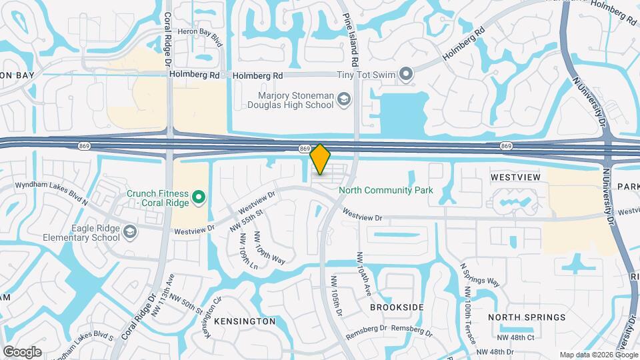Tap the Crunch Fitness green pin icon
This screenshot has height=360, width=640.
(198, 197)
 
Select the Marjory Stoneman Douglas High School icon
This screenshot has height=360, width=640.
(344, 100)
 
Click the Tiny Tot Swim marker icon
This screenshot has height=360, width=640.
(405, 74)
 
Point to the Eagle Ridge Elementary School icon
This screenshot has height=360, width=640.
(131, 231)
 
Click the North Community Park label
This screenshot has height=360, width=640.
(386, 191)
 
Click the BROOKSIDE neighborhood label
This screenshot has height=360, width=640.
(397, 307)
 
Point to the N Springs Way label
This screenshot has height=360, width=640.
(479, 273)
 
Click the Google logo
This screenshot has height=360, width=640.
(22, 351)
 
